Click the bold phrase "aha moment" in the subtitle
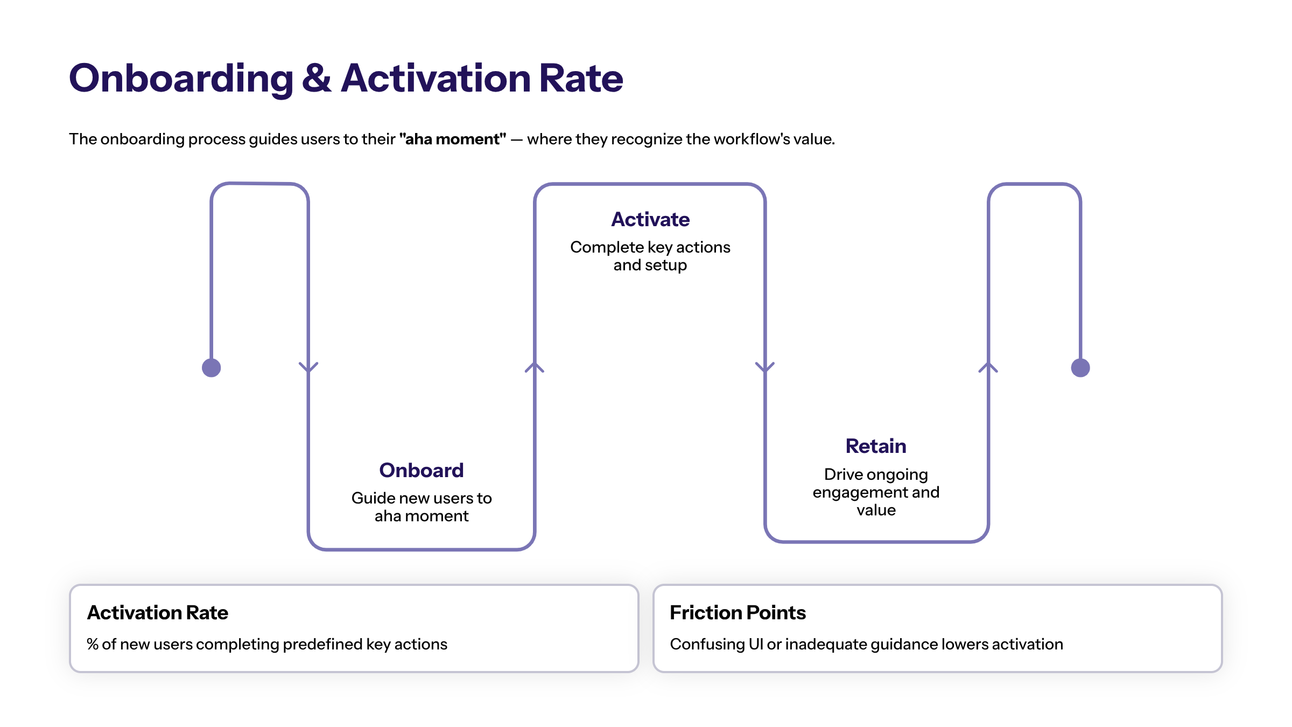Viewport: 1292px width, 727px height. point(452,139)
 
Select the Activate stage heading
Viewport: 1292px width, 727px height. point(650,219)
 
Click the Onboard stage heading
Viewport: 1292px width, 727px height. point(421,470)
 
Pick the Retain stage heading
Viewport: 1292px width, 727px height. point(876,446)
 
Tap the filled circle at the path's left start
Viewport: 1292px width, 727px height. point(212,368)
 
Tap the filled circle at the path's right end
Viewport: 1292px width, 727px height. point(1080,368)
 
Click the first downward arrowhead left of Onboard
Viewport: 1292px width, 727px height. point(308,367)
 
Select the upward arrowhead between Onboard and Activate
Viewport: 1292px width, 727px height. point(535,367)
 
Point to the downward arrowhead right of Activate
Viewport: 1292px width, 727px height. point(765,367)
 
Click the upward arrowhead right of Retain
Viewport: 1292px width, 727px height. point(988,367)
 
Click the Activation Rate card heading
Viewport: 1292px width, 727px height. point(158,612)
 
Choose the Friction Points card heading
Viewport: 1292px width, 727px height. point(738,612)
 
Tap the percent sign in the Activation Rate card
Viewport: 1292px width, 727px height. point(93,644)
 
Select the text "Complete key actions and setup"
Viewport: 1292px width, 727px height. point(650,256)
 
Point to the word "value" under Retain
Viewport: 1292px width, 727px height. point(876,510)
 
